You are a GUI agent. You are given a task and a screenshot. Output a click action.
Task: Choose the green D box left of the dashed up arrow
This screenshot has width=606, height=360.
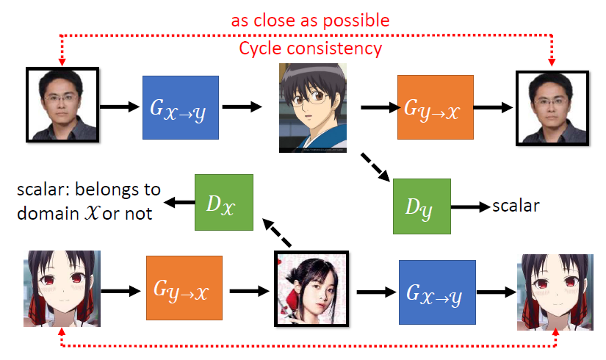[x=223, y=202]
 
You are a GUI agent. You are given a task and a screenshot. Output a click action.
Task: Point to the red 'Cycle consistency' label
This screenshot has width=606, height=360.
[x=310, y=49]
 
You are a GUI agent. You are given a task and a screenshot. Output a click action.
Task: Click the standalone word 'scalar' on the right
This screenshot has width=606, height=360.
[x=516, y=205]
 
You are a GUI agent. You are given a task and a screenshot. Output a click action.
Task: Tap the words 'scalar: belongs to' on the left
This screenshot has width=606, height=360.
[x=89, y=190]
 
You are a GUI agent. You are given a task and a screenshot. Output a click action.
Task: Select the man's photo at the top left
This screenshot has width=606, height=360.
[x=58, y=104]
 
